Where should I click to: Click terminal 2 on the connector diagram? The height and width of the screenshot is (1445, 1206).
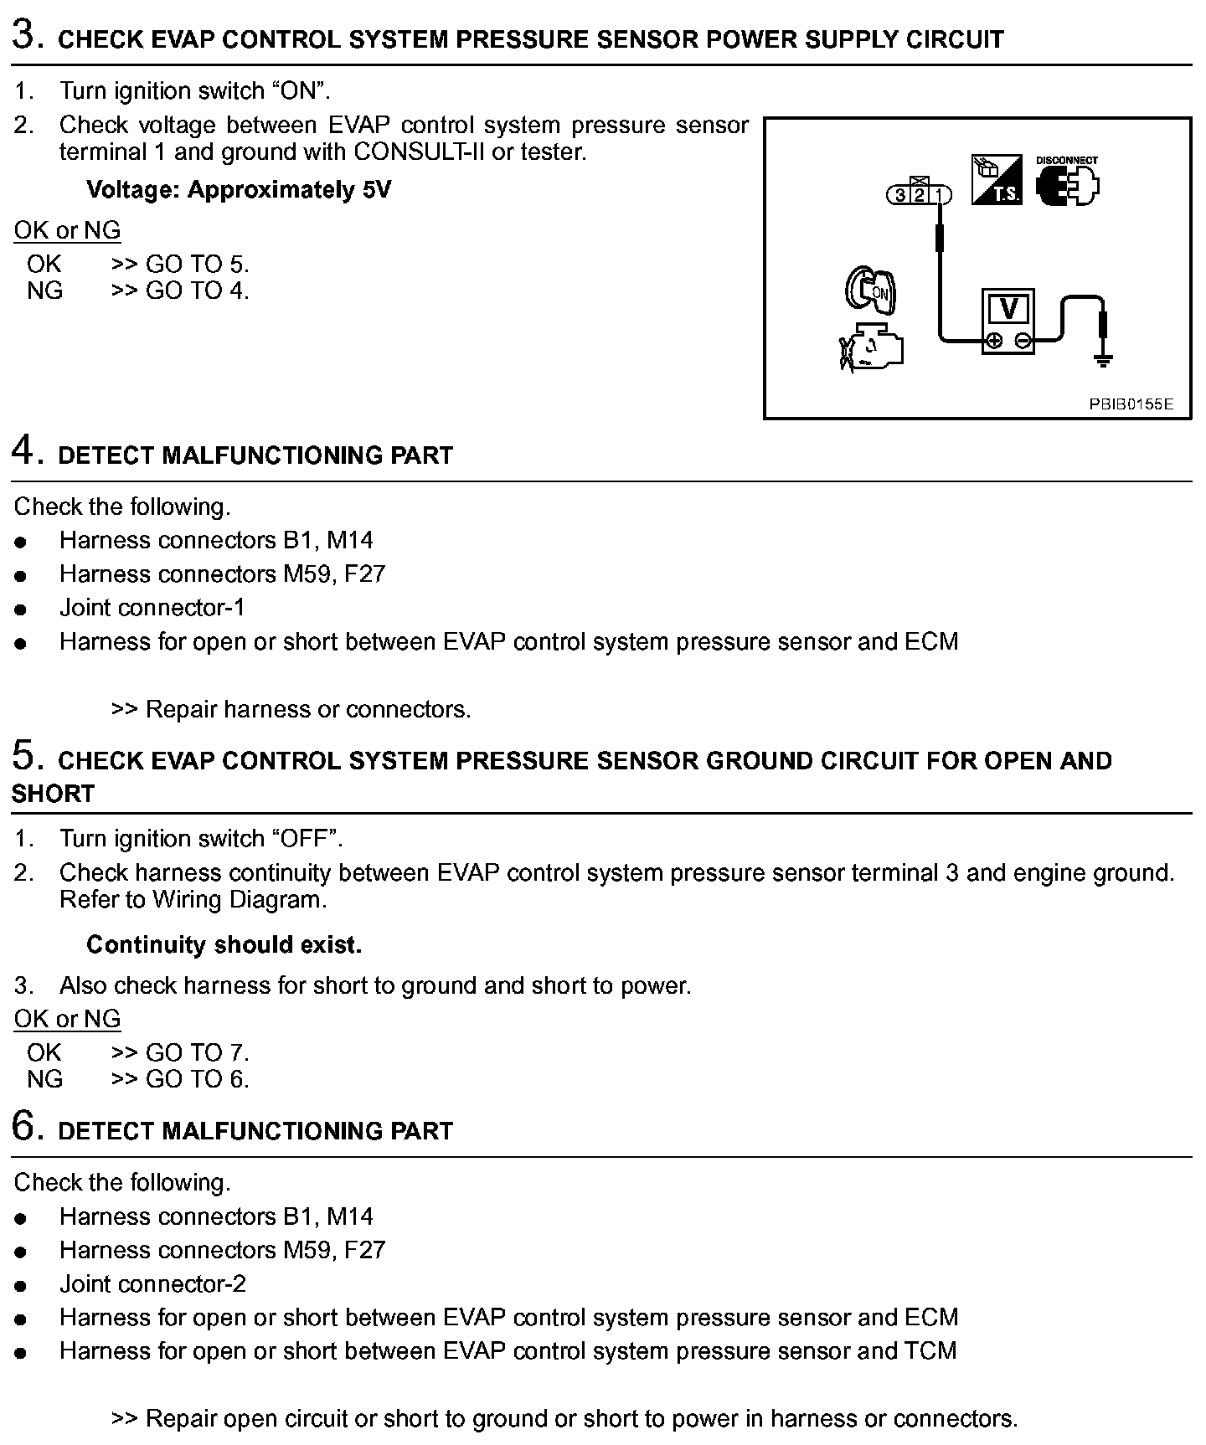(x=919, y=195)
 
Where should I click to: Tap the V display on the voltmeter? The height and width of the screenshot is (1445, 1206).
(x=1008, y=309)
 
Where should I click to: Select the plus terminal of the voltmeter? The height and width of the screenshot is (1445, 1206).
(x=994, y=340)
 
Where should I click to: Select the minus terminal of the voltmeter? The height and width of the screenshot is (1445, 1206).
(x=1023, y=340)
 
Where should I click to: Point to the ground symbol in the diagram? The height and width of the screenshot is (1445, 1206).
(x=1104, y=361)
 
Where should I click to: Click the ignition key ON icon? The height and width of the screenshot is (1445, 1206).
(x=870, y=290)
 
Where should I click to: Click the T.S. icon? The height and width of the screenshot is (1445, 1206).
(x=997, y=180)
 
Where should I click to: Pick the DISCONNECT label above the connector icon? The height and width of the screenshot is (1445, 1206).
(x=1066, y=160)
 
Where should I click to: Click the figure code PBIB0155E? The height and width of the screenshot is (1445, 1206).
(x=1131, y=404)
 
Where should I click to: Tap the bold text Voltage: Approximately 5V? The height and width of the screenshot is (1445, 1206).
(x=239, y=190)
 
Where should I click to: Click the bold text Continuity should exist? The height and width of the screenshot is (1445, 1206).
(x=224, y=945)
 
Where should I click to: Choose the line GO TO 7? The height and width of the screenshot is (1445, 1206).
(x=197, y=1052)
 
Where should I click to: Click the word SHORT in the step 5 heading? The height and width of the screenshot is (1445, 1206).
(x=53, y=794)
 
